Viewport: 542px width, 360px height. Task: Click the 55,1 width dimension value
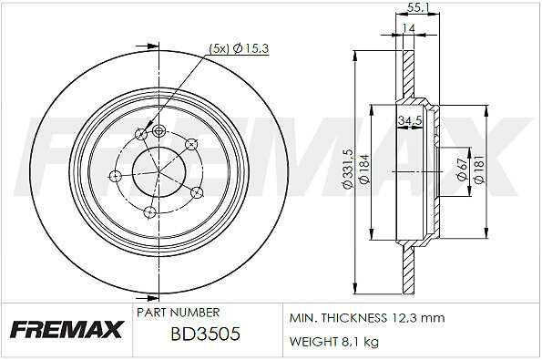417,7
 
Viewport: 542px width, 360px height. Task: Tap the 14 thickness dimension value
409,28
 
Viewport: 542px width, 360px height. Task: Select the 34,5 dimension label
410,120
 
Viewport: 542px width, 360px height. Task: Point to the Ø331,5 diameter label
347,169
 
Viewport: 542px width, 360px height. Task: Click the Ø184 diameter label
364,169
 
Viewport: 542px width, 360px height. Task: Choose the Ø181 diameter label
480,170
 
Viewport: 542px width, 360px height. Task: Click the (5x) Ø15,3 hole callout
239,49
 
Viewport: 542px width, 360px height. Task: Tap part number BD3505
205,334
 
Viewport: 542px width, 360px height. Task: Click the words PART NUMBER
178,313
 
